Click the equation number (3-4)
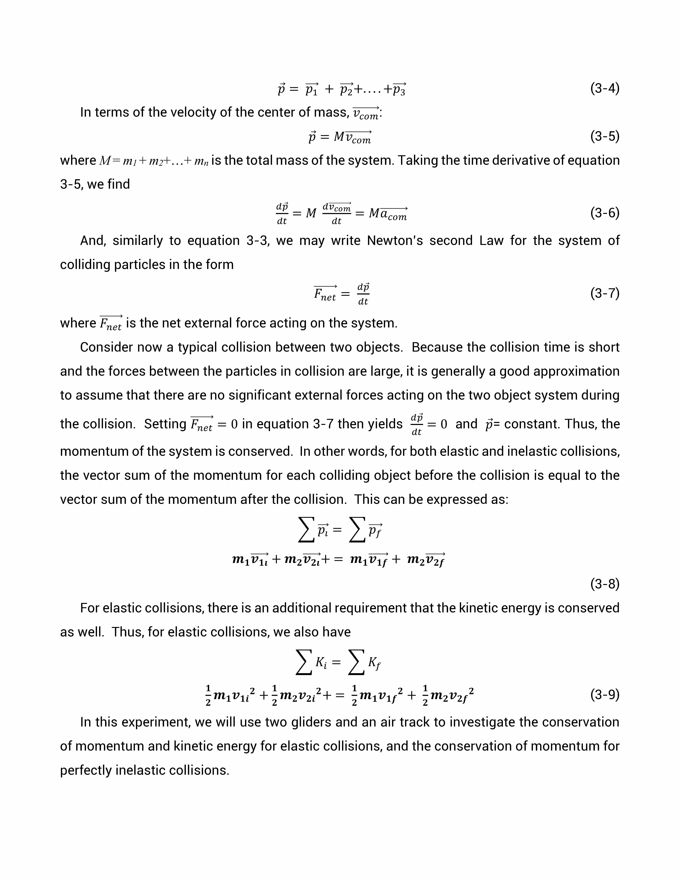click(x=604, y=88)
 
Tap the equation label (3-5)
click(x=604, y=137)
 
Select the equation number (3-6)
click(x=604, y=213)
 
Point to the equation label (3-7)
click(x=604, y=293)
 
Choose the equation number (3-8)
click(x=604, y=584)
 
